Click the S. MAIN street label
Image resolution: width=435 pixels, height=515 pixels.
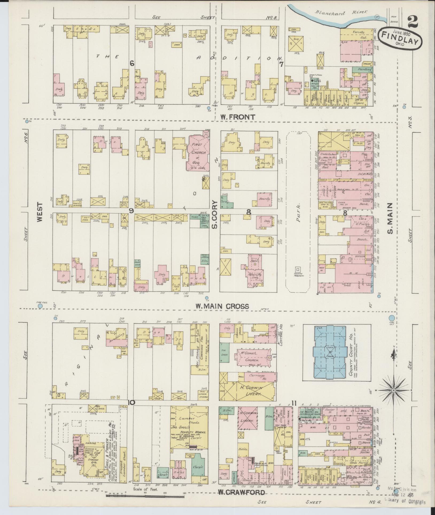click(x=390, y=218)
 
